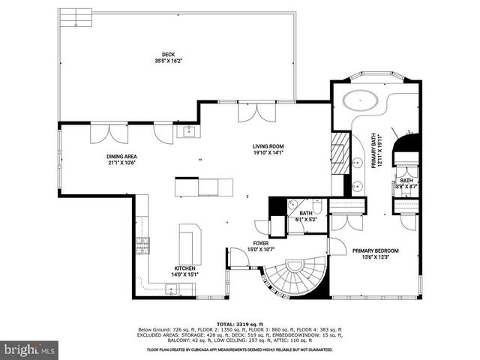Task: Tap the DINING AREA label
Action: pyautogui.click(x=122, y=157)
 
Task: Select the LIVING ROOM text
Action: pyautogui.click(x=267, y=146)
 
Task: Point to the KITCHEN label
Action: pyautogui.click(x=184, y=268)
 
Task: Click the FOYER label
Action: pyautogui.click(x=259, y=243)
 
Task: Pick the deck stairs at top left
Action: pyautogui.click(x=76, y=16)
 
